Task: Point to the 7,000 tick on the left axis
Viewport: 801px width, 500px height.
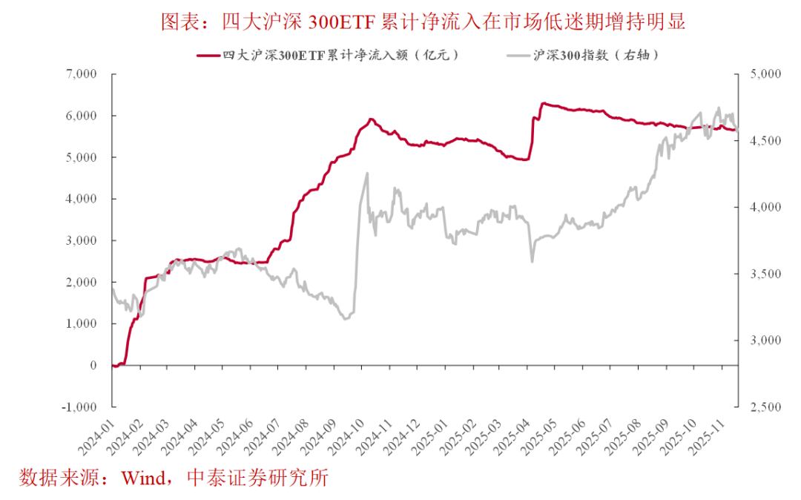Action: pyautogui.click(x=81, y=74)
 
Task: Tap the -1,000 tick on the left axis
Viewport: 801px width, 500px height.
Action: pyautogui.click(x=79, y=407)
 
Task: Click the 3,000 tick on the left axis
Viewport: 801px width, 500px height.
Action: pyautogui.click(x=81, y=241)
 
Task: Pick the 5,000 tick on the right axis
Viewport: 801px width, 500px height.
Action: pyautogui.click(x=760, y=74)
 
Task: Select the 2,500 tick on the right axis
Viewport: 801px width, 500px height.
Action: pyautogui.click(x=760, y=407)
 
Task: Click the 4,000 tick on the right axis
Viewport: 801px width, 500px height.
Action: pyautogui.click(x=760, y=208)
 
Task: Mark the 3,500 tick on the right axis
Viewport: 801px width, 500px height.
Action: pyautogui.click(x=760, y=274)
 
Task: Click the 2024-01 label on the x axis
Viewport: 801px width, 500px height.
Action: pyautogui.click(x=96, y=434)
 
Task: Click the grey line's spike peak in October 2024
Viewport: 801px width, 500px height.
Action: pyautogui.click(x=367, y=174)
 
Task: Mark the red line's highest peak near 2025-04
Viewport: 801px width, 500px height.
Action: pyautogui.click(x=542, y=103)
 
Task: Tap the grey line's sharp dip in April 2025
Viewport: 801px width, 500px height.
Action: pyautogui.click(x=532, y=261)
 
